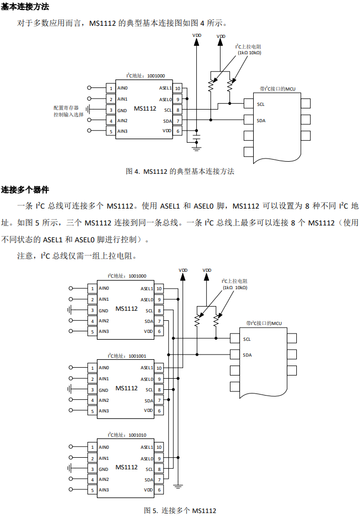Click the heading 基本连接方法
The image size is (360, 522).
tap(25, 6)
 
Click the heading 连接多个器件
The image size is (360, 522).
tap(25, 190)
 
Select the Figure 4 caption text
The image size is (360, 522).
tap(180, 171)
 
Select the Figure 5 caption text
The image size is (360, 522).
tap(180, 510)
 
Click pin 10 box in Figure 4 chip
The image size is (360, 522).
tap(178, 88)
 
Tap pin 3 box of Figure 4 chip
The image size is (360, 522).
tap(111, 110)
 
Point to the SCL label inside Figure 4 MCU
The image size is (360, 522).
tap(261, 104)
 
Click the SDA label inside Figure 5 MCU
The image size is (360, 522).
tap(247, 355)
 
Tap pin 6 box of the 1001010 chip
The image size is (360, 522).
tap(159, 490)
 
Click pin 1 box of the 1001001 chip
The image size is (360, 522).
tap(93, 368)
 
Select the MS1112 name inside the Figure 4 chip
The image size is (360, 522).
tap(145, 109)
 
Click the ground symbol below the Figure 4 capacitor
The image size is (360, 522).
tap(197, 148)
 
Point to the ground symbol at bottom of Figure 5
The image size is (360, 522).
tap(178, 486)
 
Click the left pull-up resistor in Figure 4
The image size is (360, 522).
tap(211, 86)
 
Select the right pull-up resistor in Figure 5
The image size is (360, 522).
tap(216, 321)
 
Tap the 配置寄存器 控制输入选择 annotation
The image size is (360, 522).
tap(68, 111)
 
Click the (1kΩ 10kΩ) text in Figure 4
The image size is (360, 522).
tap(249, 53)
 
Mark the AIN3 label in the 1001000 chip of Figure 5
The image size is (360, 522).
tap(104, 331)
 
